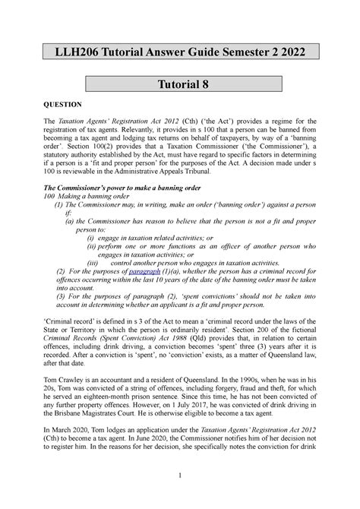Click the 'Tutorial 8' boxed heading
point(180,86)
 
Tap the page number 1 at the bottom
point(180,497)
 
